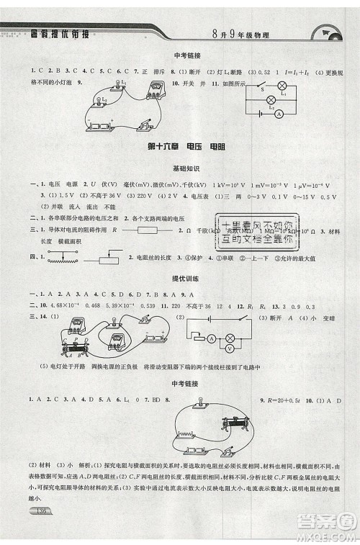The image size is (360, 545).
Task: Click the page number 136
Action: [37, 531]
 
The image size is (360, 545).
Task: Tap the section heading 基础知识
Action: [181, 168]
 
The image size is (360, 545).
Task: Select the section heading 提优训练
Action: [181, 276]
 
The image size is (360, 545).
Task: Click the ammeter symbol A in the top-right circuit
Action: [280, 114]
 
